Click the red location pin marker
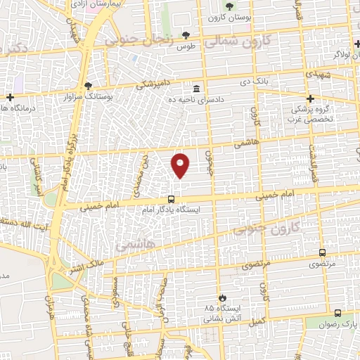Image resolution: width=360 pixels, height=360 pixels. (181, 165)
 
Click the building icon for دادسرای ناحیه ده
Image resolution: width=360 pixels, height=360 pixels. (195, 89)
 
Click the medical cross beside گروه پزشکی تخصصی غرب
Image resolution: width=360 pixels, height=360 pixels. (310, 98)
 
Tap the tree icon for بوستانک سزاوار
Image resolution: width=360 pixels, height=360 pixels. (88, 86)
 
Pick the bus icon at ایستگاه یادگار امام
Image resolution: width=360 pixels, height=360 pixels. (170, 198)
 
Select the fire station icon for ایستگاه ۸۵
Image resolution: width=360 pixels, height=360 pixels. (223, 297)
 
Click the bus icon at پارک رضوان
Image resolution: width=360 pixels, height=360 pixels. (337, 313)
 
